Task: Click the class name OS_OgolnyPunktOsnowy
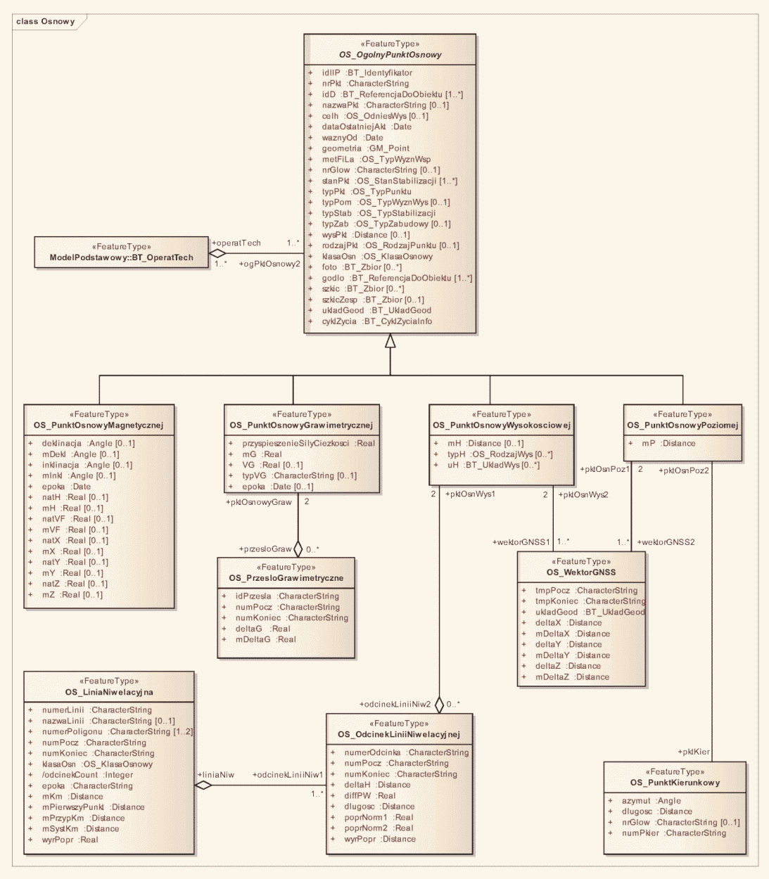390,55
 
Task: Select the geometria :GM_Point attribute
365,148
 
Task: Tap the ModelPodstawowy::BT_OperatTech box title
121,257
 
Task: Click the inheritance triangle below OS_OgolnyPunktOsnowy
390,341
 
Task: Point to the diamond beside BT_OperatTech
218,253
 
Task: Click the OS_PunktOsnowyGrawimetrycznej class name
301,425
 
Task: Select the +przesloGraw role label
265,549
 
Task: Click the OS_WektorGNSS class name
581,572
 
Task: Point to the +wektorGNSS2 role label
666,542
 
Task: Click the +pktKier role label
694,752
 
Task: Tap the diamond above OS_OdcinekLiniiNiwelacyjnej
439,704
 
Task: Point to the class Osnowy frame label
45,21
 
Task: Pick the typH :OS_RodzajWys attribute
500,454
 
